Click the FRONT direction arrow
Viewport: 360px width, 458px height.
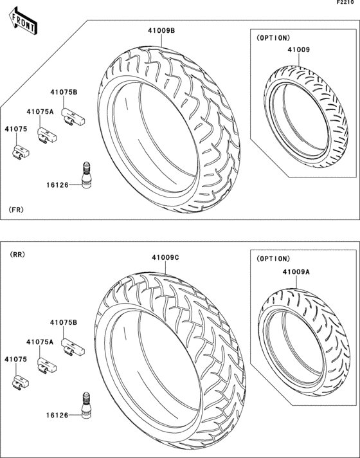click(x=23, y=21)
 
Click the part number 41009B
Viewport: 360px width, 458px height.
click(x=161, y=30)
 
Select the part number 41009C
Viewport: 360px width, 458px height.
click(x=165, y=257)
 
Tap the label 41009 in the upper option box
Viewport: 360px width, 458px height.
click(x=299, y=50)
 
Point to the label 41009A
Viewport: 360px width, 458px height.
click(x=296, y=272)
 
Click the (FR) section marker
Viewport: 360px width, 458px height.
click(x=16, y=210)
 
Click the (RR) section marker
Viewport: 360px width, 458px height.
click(x=17, y=255)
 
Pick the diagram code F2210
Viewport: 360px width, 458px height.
click(x=345, y=3)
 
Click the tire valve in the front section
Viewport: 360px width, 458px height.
click(x=86, y=175)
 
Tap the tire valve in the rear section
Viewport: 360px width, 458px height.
click(x=86, y=405)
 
